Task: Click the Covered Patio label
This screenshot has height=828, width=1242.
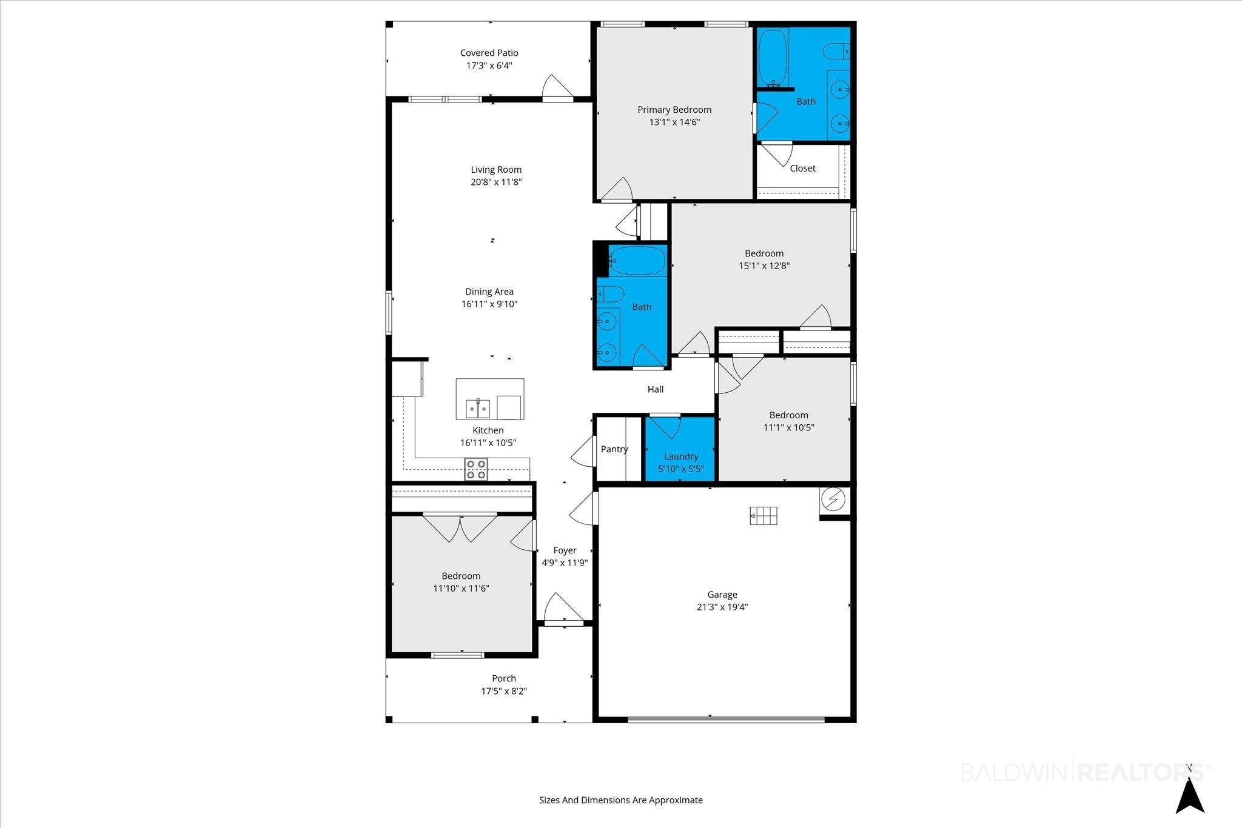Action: [x=489, y=53]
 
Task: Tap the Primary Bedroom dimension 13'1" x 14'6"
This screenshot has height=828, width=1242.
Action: [x=674, y=122]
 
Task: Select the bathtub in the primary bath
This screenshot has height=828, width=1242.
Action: [x=773, y=58]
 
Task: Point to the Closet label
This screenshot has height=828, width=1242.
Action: [x=802, y=169]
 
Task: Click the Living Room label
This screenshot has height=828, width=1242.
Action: [x=496, y=170]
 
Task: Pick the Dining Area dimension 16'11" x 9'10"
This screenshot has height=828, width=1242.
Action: [x=489, y=304]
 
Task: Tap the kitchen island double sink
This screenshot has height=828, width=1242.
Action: [x=478, y=409]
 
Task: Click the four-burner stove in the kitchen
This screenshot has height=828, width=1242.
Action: [x=475, y=470]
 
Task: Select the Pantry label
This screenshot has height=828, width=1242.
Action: [x=614, y=449]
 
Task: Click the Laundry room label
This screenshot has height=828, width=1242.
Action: [x=681, y=456]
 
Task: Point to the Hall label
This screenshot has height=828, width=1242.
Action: [x=656, y=390]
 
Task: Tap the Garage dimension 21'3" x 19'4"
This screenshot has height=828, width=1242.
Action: [x=722, y=607]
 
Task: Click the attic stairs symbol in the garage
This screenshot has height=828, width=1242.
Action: [x=764, y=516]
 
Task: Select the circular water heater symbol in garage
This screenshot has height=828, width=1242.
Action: [x=833, y=499]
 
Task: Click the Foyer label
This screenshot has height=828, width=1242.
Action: [x=565, y=550]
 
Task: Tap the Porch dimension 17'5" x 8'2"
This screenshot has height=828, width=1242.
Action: [x=504, y=691]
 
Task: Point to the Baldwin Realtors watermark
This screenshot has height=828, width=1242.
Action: [x=1086, y=772]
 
